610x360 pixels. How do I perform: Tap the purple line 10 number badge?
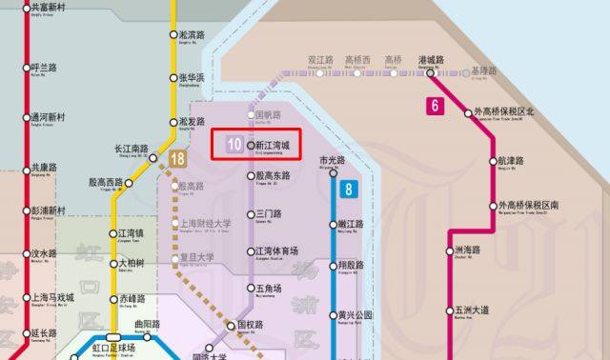[234, 145]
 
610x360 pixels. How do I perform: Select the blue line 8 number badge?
[349, 189]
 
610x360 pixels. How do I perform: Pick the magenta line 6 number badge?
[435, 106]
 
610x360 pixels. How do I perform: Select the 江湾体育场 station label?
[277, 250]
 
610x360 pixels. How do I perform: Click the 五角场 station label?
[270, 288]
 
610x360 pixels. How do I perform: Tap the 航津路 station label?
[511, 161]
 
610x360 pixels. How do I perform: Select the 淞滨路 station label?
[193, 34]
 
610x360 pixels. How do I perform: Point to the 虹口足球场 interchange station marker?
[112, 336]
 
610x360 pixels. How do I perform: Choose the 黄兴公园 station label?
[356, 314]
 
